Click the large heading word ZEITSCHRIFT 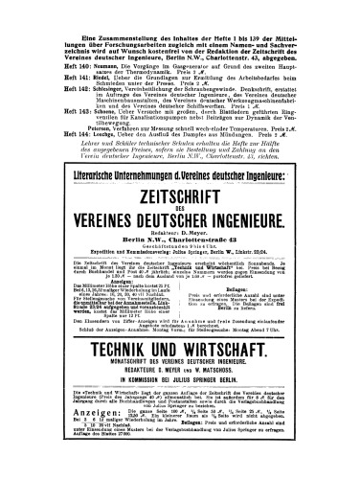pos(180,187)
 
